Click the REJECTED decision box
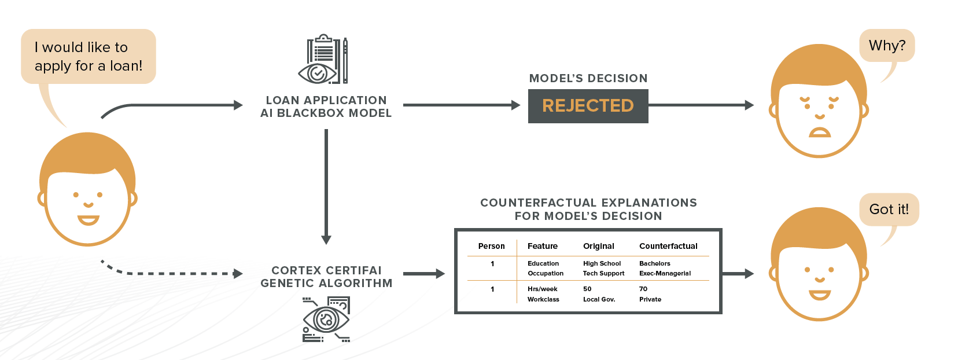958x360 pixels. click(588, 106)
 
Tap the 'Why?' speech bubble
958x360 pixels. click(887, 46)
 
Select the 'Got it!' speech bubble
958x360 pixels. click(889, 210)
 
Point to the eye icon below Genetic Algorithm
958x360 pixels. click(326, 319)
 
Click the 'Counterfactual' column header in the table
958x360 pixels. click(668, 246)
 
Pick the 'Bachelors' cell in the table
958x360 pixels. click(654, 263)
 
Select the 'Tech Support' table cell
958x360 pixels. click(603, 273)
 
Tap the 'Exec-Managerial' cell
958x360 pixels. click(665, 273)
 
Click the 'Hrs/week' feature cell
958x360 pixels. click(542, 289)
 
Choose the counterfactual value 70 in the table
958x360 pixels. click(643, 289)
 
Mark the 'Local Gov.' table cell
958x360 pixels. click(599, 299)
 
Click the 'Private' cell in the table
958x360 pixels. click(650, 299)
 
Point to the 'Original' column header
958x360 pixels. click(598, 246)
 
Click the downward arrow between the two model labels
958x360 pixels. click(326, 185)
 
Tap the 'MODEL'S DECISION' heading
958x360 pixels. click(588, 79)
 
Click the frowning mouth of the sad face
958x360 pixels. click(819, 133)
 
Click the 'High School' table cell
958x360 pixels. click(602, 263)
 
